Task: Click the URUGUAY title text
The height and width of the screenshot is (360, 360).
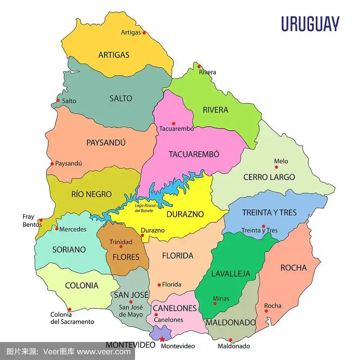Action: click(x=310, y=24)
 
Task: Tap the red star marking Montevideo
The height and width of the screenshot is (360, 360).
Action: click(x=162, y=339)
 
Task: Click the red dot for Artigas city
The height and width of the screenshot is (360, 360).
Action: click(x=144, y=32)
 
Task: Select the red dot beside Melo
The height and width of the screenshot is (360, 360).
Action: click(x=276, y=167)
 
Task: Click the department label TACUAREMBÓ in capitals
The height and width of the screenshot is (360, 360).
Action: click(x=194, y=154)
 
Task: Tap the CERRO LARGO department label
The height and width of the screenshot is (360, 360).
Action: click(x=269, y=177)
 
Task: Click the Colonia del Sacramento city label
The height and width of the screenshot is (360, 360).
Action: click(x=72, y=318)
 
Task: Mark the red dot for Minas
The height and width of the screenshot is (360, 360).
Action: click(x=215, y=303)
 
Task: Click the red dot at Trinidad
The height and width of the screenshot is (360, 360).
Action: click(x=121, y=247)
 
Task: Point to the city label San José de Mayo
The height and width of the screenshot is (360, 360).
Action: click(x=131, y=310)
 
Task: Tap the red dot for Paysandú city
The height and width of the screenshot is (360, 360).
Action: click(x=52, y=164)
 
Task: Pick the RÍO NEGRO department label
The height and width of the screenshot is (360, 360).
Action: click(x=91, y=194)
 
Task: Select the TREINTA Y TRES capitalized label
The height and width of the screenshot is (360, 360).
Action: click(x=269, y=212)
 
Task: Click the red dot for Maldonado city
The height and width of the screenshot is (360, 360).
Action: click(x=230, y=340)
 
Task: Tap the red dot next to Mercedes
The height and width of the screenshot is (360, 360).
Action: click(x=57, y=229)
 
